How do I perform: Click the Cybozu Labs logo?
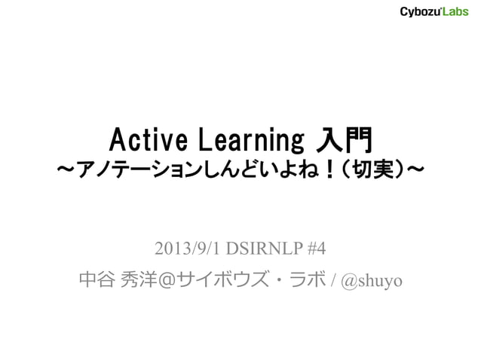[434, 12]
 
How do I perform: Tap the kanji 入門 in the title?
[344, 139]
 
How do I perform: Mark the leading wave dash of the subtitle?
[64, 173]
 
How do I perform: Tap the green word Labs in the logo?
[455, 12]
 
